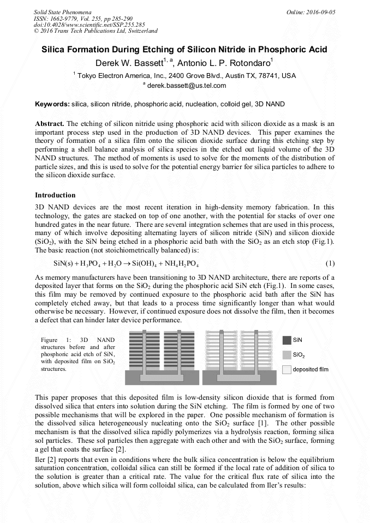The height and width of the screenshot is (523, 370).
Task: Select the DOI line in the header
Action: pos(89,25)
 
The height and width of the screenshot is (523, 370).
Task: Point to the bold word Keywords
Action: pos(52,104)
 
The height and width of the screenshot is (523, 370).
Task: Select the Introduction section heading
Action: pos(55,195)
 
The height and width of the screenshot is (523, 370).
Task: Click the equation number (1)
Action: pos(330,263)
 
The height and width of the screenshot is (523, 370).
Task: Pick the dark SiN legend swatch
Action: pos(287,340)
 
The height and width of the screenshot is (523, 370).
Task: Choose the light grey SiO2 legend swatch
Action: pos(287,354)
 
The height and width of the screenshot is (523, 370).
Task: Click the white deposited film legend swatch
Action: pos(287,369)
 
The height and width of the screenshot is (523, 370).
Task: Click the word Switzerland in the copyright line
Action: pos(140,31)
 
